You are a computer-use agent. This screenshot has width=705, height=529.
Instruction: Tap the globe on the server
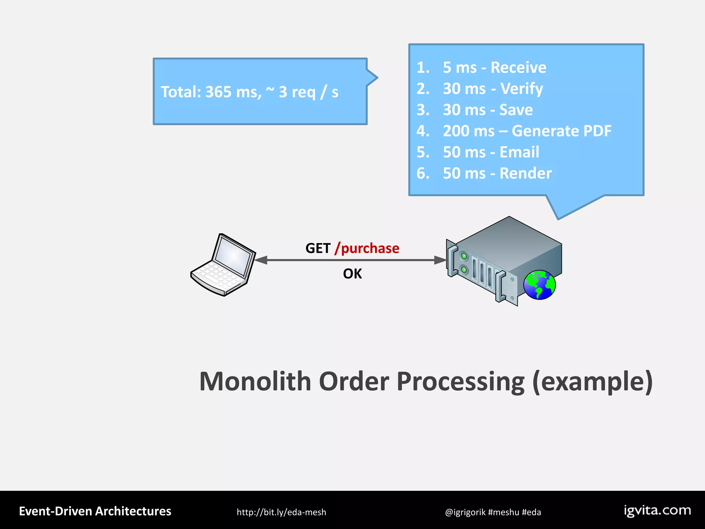pyautogui.click(x=539, y=285)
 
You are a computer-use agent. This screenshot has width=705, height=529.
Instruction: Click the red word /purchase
pyautogui.click(x=367, y=248)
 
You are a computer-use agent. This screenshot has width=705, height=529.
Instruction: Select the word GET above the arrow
pyautogui.click(x=318, y=248)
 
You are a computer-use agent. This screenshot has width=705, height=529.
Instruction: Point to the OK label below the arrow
pyautogui.click(x=352, y=274)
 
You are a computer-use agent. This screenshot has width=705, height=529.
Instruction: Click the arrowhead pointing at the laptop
pyautogui.click(x=261, y=260)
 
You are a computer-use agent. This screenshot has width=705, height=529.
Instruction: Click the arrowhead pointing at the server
pyautogui.click(x=440, y=260)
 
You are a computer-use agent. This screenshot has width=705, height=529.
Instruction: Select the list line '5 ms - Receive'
pyautogui.click(x=494, y=68)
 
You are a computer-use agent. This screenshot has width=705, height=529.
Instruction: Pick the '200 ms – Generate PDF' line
pyautogui.click(x=527, y=131)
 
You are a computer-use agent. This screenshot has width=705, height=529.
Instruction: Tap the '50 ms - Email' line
pyautogui.click(x=491, y=152)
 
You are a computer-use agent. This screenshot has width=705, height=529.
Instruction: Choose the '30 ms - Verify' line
pyautogui.click(x=493, y=89)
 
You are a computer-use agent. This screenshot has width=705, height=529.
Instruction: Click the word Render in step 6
pyautogui.click(x=525, y=173)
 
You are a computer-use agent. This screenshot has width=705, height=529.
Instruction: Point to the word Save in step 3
pyautogui.click(x=516, y=110)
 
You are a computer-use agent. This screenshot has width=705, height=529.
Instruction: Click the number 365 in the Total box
pyautogui.click(x=218, y=92)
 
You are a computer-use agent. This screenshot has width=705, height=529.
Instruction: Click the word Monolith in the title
pyautogui.click(x=255, y=382)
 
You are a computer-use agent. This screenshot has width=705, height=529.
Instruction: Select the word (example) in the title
pyautogui.click(x=592, y=382)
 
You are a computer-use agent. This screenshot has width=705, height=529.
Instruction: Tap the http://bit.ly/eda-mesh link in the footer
pyautogui.click(x=281, y=512)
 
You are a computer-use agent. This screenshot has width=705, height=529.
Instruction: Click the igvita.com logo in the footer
pyautogui.click(x=657, y=510)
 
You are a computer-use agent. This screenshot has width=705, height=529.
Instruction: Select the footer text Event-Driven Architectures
pyautogui.click(x=95, y=511)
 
